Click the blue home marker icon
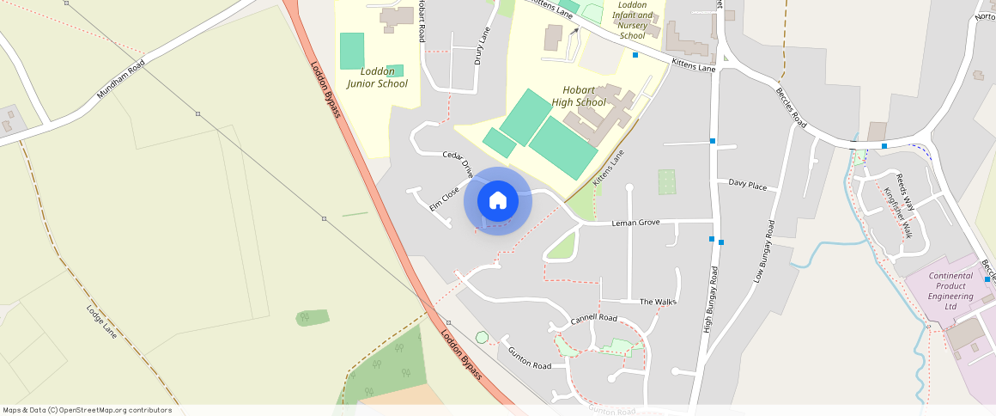tap(498, 200)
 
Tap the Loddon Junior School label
tap(378, 77)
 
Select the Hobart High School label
tap(579, 95)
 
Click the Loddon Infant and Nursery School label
tap(632, 20)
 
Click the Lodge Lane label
tap(101, 319)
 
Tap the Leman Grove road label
tap(635, 223)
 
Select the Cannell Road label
tap(593, 318)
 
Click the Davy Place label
tap(747, 184)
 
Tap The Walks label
tap(659, 302)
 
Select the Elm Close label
tap(445, 198)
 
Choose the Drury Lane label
tap(481, 46)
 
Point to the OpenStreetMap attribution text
tap(88, 410)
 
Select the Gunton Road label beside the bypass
tap(529, 358)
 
